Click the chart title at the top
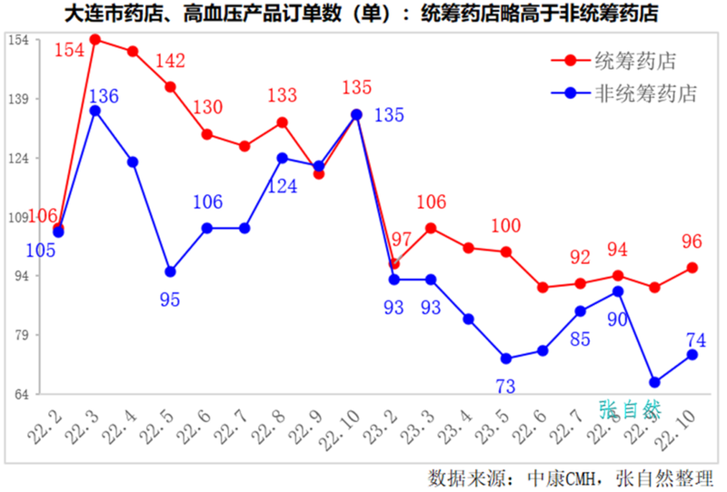click(362, 15)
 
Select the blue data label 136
click(104, 95)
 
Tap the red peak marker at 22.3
click(95, 40)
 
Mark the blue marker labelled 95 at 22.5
click(170, 271)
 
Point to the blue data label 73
click(505, 387)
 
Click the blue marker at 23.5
click(506, 359)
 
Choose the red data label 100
click(506, 226)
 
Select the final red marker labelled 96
click(692, 268)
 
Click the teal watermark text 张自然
click(630, 409)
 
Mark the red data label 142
click(169, 62)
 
